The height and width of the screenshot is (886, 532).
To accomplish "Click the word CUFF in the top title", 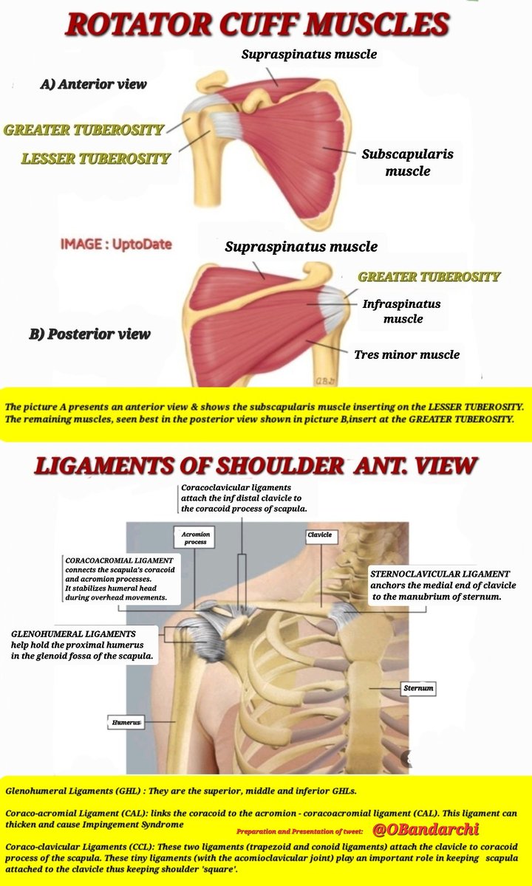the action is point(255,24).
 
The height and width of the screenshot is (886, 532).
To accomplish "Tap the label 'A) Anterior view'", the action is point(93,84).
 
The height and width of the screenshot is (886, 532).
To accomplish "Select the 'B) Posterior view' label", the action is point(89,334).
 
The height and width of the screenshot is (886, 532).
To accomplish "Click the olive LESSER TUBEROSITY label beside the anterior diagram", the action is point(96,158).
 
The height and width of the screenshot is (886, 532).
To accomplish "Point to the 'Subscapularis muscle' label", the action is point(407,162).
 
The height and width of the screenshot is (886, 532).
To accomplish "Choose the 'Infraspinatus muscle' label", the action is point(402,311).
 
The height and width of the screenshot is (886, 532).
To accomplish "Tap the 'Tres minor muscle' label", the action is point(406,354).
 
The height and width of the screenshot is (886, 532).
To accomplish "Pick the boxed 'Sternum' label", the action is point(417,688).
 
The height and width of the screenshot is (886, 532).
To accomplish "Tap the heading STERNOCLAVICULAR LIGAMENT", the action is point(439,573).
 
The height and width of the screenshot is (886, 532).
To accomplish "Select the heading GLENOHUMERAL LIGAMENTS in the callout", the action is point(73,633).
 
